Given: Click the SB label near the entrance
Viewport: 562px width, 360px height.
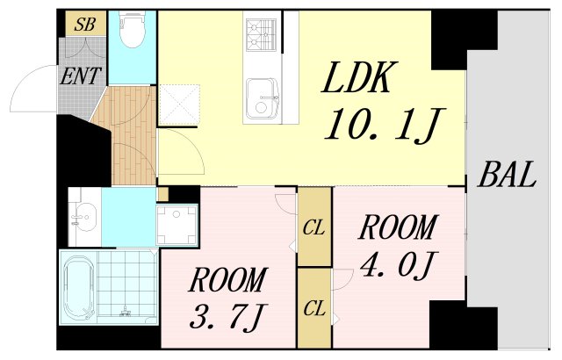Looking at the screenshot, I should point(84,24).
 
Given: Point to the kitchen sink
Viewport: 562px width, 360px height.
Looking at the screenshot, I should point(262,97).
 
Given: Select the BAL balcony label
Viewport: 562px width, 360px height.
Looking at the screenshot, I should point(507,176).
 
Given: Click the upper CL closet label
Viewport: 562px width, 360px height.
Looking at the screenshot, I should point(314,227).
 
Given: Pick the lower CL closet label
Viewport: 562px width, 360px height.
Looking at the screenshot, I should point(314,308).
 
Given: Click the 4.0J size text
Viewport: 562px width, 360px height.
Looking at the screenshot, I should point(397,263).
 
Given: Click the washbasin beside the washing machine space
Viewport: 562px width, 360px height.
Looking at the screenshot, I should point(85,213).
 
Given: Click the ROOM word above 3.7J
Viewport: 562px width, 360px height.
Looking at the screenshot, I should point(227,281).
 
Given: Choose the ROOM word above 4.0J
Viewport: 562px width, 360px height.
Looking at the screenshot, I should point(397,228).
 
